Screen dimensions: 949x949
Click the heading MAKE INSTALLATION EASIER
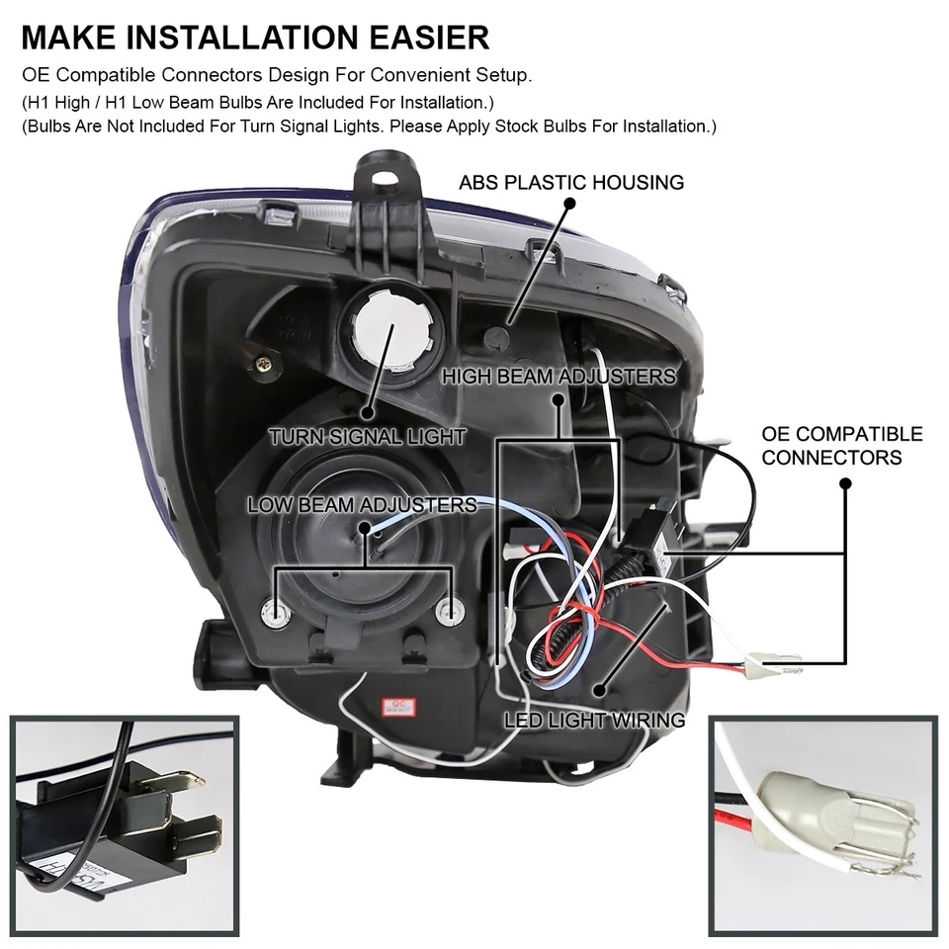point(255,38)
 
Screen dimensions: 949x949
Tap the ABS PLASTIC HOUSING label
point(571,183)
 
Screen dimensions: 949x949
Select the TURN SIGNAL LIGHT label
point(367,436)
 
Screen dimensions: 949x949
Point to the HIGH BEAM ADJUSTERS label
point(559,377)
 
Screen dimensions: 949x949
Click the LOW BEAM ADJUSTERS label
point(362,505)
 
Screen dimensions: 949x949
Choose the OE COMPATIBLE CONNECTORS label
point(842,446)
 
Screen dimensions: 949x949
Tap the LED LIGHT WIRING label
point(594,720)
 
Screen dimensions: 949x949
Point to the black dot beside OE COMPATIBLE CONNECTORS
point(845,483)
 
